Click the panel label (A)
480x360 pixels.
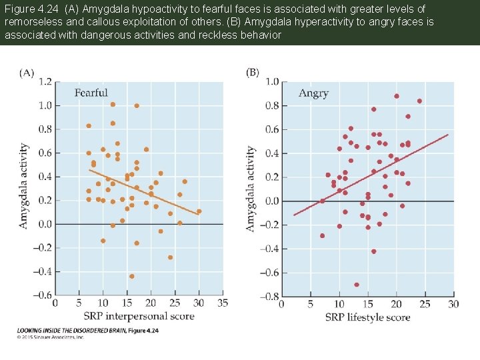coord(27,73)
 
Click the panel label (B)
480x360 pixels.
coord(253,72)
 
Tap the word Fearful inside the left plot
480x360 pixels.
coord(91,93)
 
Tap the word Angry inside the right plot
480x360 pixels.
coord(313,93)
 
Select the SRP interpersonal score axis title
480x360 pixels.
coord(139,315)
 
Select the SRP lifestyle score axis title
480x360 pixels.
coord(367,317)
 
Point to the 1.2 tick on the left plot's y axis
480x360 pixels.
coord(44,81)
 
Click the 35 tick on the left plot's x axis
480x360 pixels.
coord(223,303)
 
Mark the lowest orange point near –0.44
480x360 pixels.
coord(131,276)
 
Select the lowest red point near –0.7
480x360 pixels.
coord(357,285)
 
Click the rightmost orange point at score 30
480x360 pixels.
coord(199,211)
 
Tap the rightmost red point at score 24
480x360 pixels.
coord(419,101)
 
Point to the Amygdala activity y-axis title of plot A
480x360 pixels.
coord(23,186)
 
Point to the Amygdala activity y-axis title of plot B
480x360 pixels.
coord(251,189)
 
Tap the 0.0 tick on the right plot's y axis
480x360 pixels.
coord(271,201)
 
